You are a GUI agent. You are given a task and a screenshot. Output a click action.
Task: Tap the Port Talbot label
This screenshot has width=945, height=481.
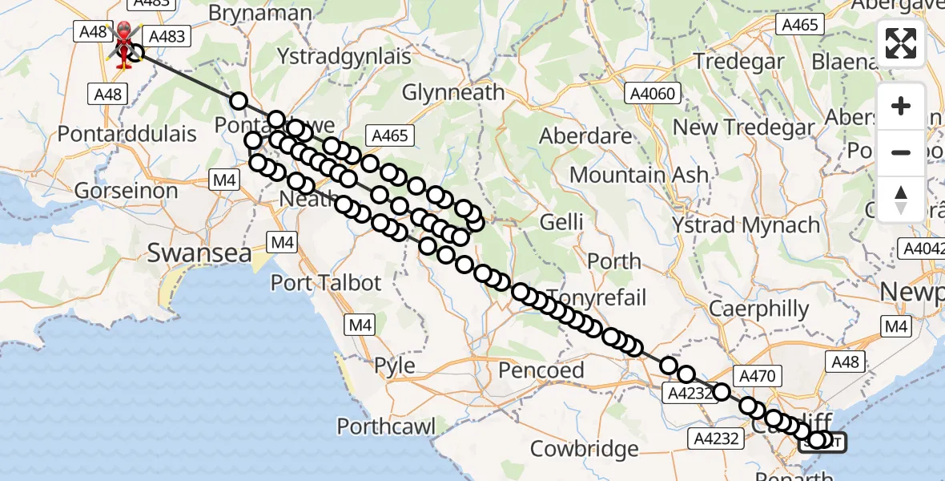pyautogui.click(x=325, y=283)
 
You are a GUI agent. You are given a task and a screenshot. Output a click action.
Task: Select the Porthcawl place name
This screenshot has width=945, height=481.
pyautogui.click(x=387, y=426)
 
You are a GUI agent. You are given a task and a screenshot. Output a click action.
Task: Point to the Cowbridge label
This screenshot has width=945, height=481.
pyautogui.click(x=585, y=447)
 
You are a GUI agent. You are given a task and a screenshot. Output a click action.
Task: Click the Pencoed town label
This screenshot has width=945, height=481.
pyautogui.click(x=541, y=370)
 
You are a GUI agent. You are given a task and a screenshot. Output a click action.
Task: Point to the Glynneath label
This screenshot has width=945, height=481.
pyautogui.click(x=453, y=93)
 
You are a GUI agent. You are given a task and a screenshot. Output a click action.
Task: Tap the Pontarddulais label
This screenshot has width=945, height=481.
pyautogui.click(x=127, y=134)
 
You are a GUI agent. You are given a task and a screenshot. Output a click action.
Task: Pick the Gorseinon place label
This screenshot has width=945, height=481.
pyautogui.click(x=127, y=191)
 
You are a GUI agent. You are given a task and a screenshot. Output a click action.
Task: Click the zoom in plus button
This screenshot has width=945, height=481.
pyautogui.click(x=901, y=106)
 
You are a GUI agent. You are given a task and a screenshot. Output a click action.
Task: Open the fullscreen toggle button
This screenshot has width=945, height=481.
pyautogui.click(x=901, y=43)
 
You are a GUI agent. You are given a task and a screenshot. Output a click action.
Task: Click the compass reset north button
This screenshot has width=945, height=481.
pyautogui.click(x=901, y=198)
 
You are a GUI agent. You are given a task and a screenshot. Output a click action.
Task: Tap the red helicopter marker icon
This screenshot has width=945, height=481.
pyautogui.click(x=124, y=45)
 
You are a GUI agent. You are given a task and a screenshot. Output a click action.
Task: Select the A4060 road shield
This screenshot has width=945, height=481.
pyautogui.click(x=653, y=95)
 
